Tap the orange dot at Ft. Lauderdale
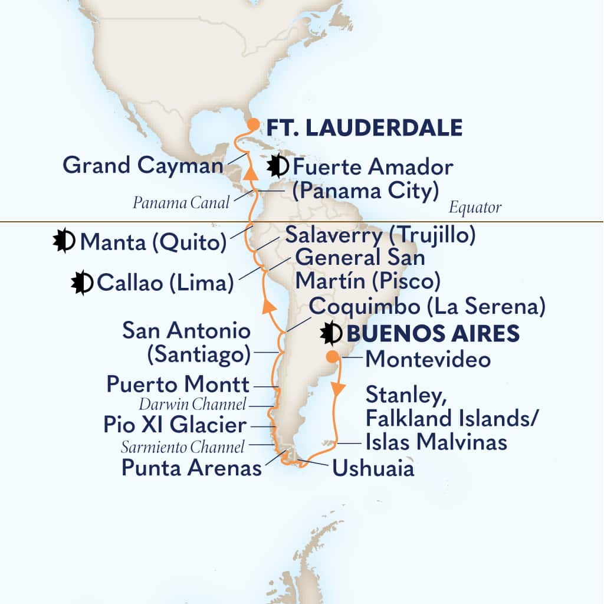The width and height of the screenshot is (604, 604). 252,124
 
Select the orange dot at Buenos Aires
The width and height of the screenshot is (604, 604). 333,356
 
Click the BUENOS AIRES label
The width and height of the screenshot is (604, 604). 432,334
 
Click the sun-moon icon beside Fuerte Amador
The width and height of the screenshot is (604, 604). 275,168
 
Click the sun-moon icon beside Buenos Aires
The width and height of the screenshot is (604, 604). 330,334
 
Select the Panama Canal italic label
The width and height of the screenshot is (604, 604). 180,203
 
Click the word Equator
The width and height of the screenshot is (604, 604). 475,208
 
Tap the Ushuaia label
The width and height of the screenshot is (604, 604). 373,469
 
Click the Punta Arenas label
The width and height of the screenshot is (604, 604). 191,469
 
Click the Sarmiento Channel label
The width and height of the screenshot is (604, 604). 182,448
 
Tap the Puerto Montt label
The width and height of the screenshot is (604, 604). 178,385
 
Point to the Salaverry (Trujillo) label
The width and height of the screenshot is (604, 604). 380,235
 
